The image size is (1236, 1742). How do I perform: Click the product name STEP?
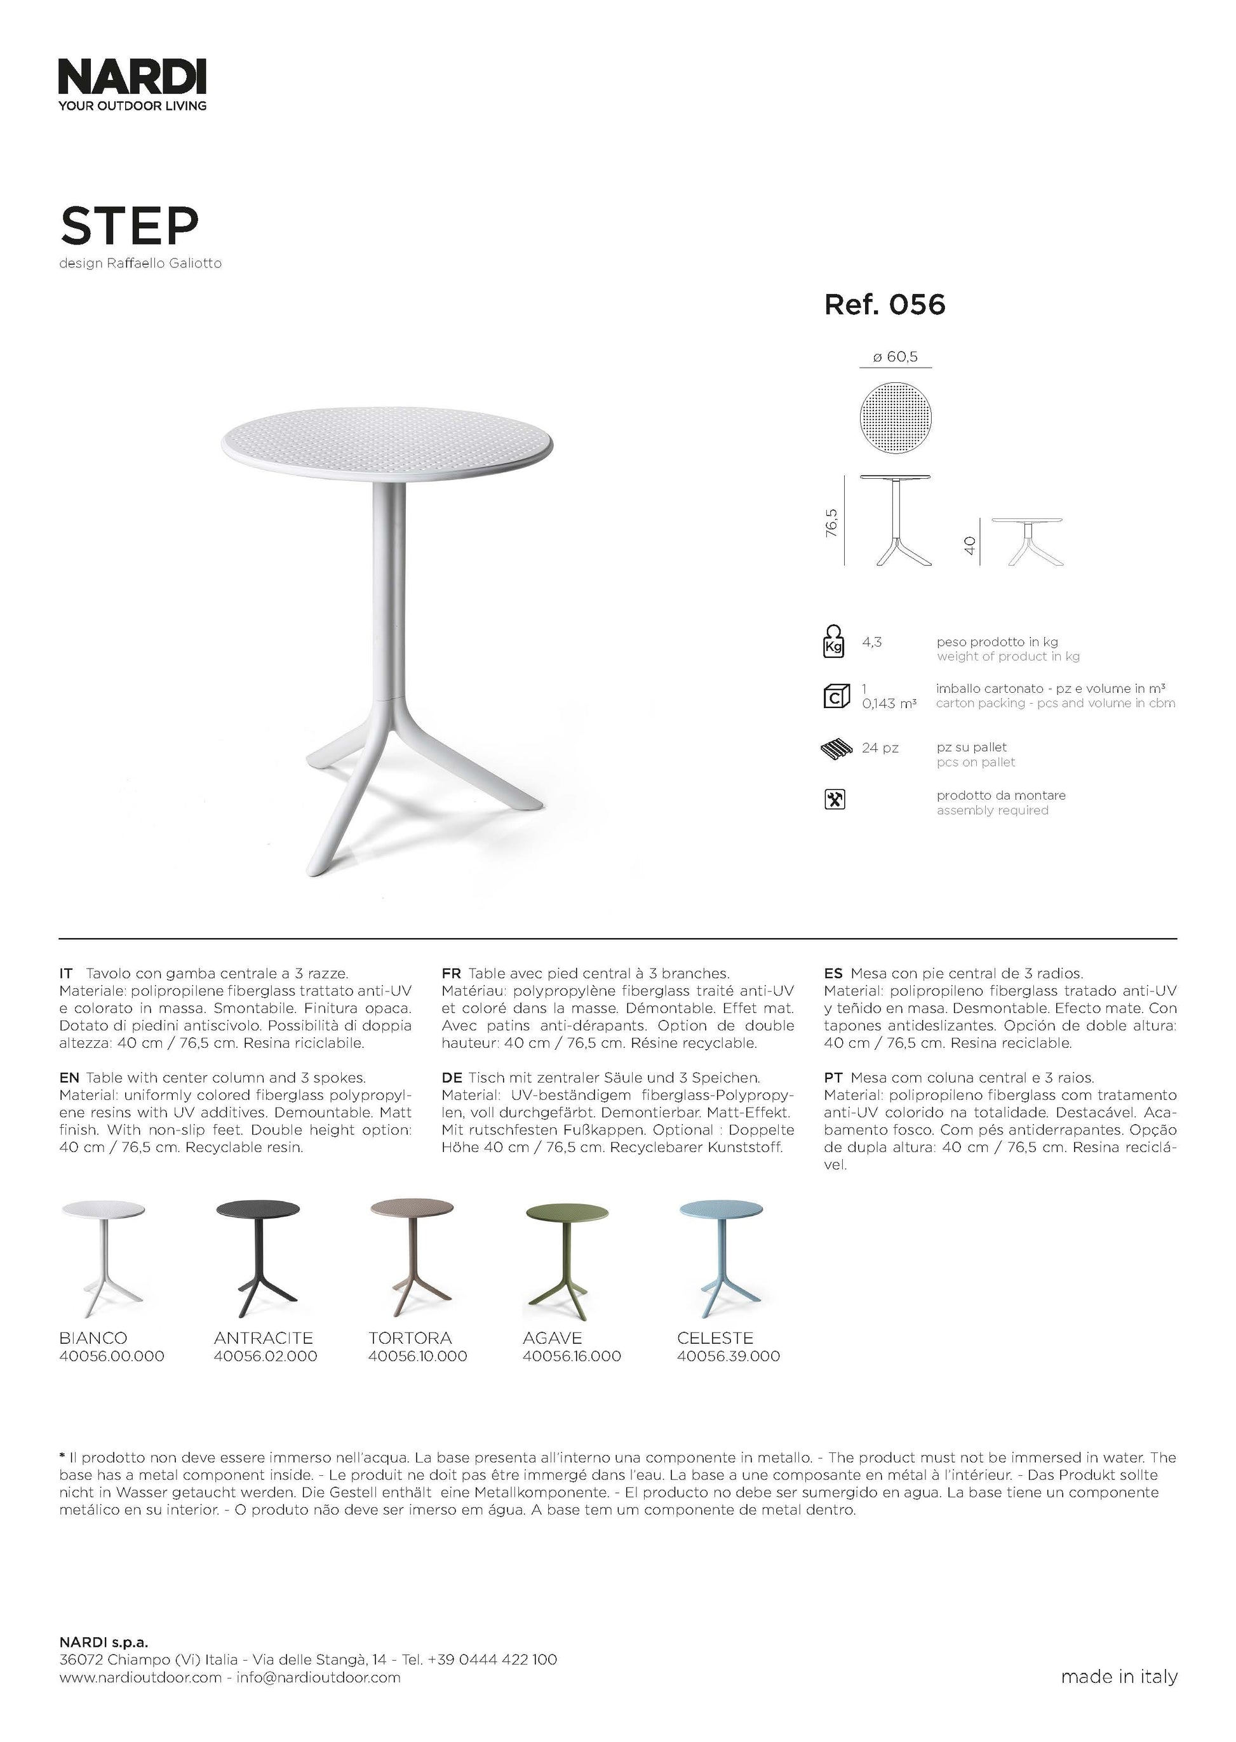pyautogui.click(x=129, y=225)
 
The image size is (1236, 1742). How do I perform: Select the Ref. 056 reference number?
pyautogui.click(x=884, y=305)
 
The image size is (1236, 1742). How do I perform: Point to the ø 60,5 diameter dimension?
pyautogui.click(x=895, y=357)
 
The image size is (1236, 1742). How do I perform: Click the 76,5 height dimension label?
pyautogui.click(x=832, y=523)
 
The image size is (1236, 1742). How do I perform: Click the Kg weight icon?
pyautogui.click(x=834, y=641)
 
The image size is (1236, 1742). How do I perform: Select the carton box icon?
pyautogui.click(x=836, y=695)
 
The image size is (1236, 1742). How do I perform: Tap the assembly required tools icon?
pyautogui.click(x=835, y=800)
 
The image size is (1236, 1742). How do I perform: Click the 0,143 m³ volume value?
pyautogui.click(x=889, y=704)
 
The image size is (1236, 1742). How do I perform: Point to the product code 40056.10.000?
pyautogui.click(x=418, y=1356)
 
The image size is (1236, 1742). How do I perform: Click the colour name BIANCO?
pyautogui.click(x=93, y=1338)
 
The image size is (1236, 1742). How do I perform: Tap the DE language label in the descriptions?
pyautogui.click(x=452, y=1078)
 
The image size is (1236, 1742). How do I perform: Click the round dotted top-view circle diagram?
pyautogui.click(x=896, y=418)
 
